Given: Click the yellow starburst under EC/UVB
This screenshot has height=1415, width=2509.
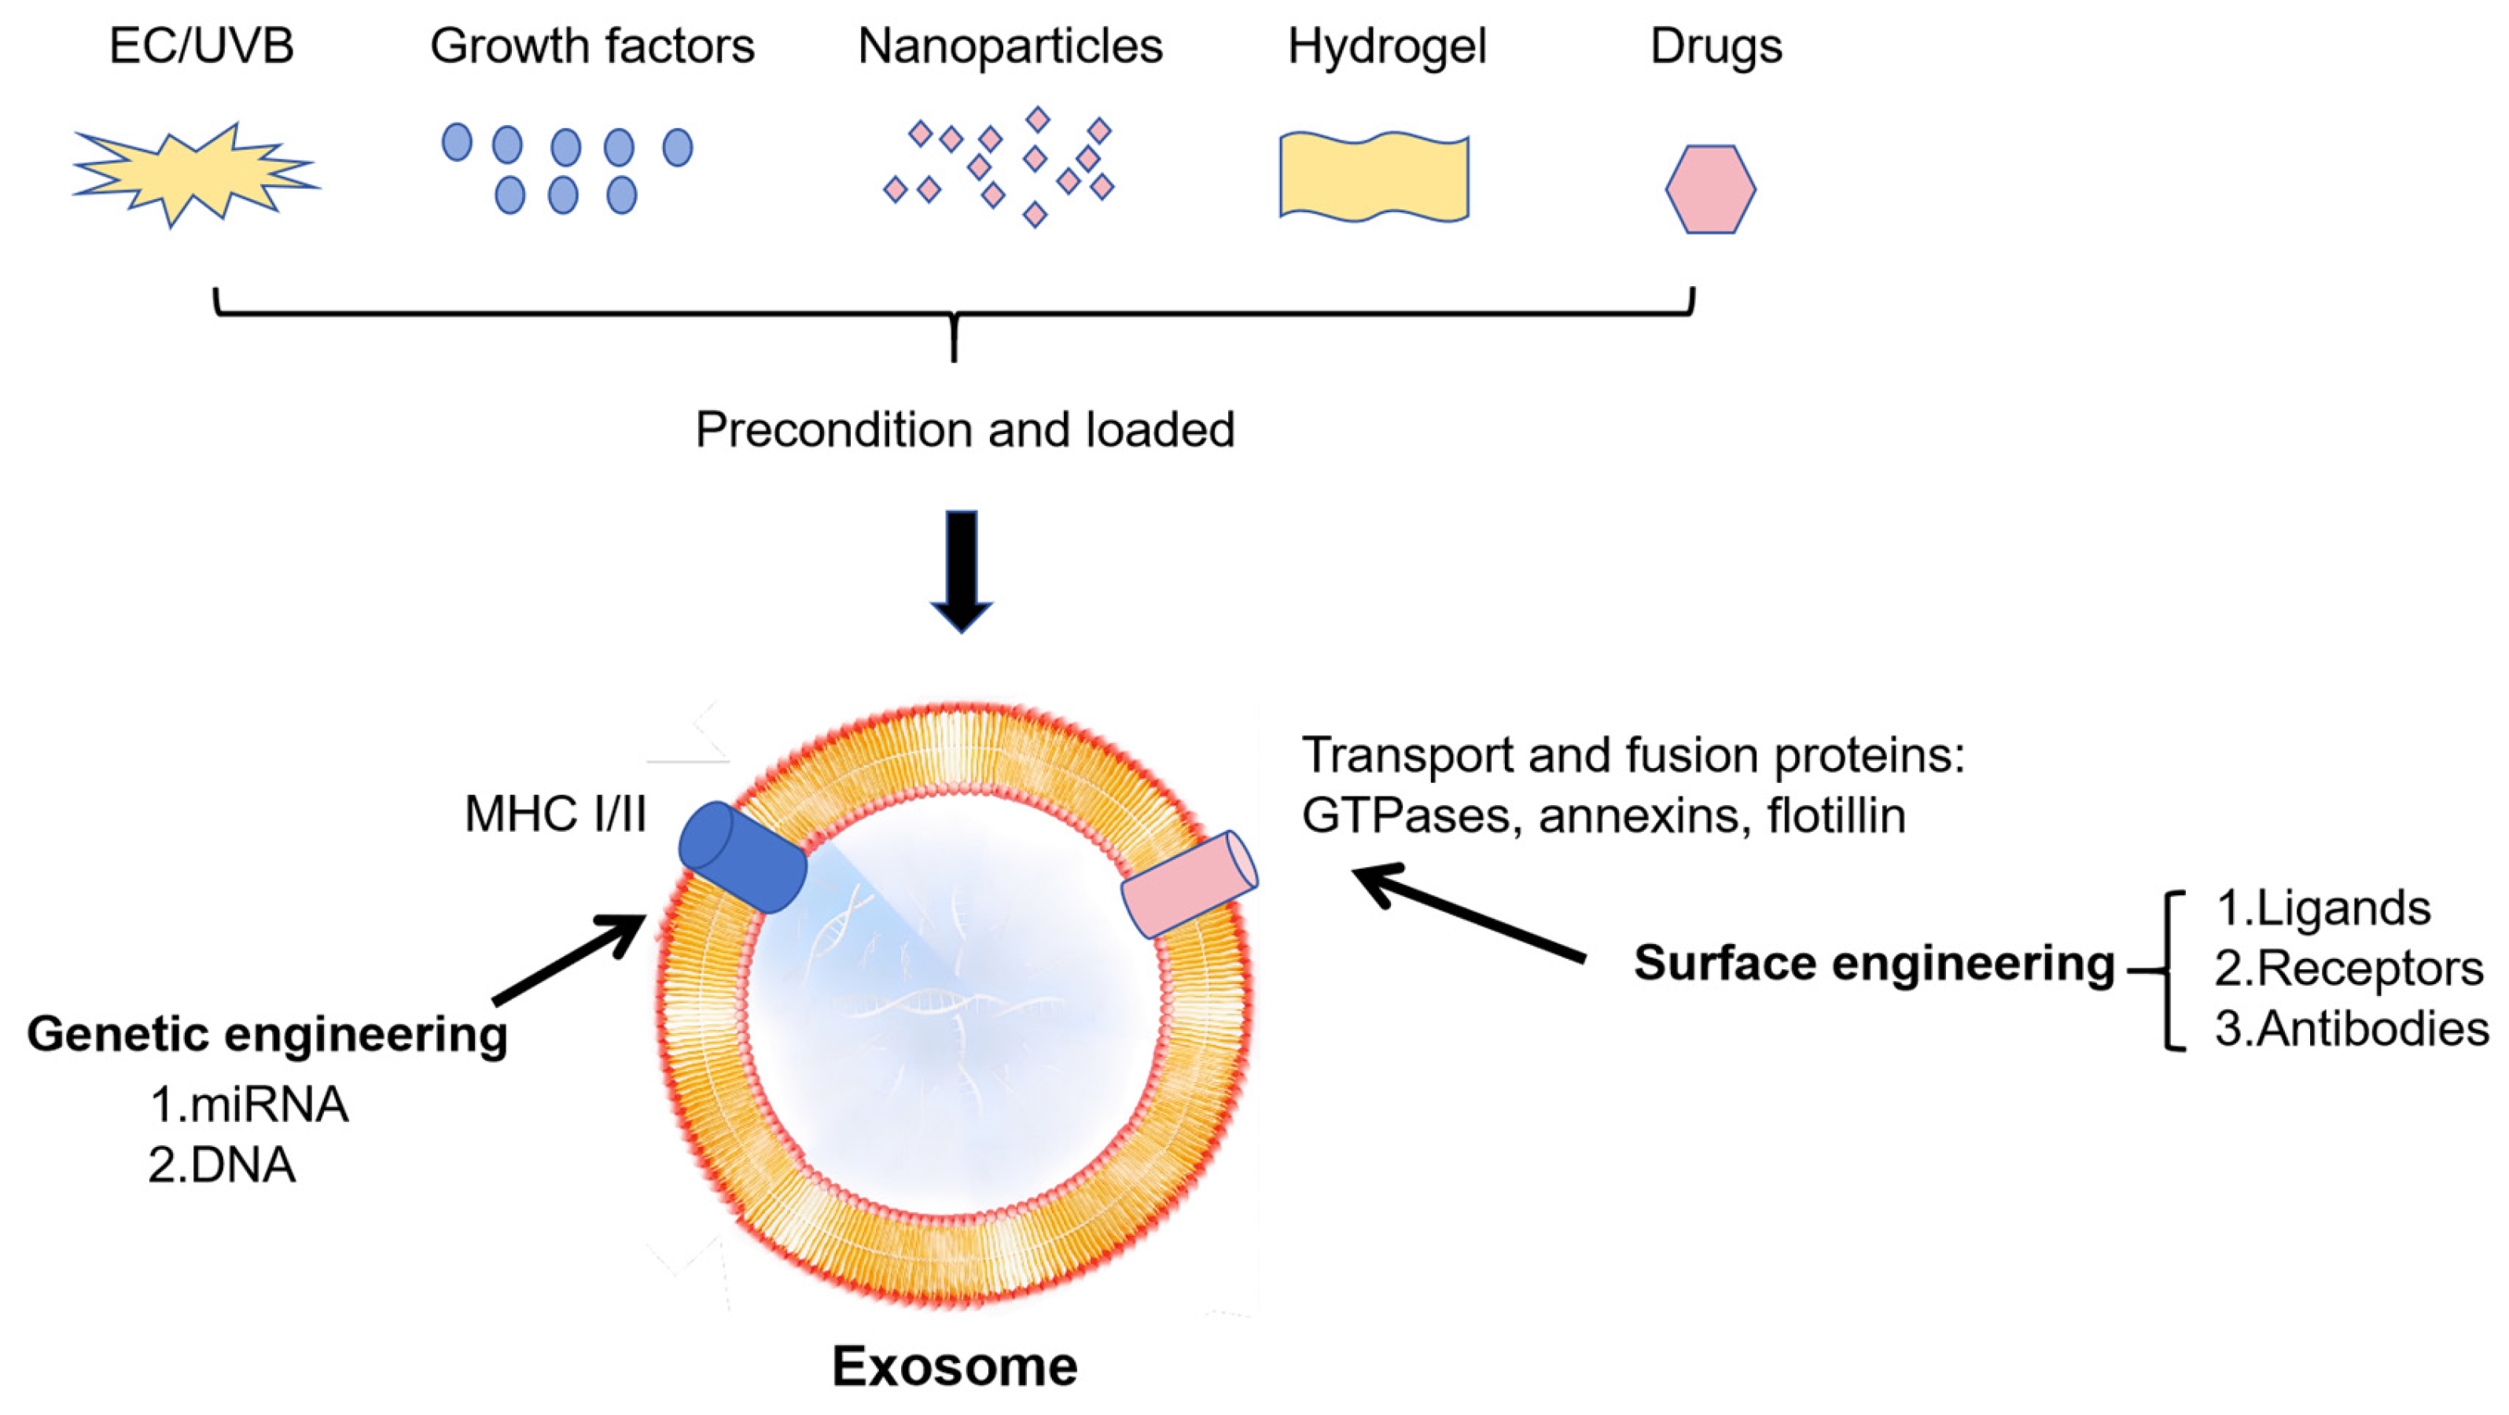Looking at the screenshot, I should tap(195, 175).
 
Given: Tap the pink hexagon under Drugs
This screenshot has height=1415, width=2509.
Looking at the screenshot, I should tap(1710, 189).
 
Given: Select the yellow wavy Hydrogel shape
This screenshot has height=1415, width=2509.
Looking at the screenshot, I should tap(1374, 176).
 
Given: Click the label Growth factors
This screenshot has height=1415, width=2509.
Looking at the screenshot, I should tap(592, 46).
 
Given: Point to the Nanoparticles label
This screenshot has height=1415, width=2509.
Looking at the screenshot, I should tap(1010, 46).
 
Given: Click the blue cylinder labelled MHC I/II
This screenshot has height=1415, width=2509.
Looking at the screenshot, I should tap(742, 857).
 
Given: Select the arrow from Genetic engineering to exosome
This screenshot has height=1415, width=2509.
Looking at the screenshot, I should tap(570, 959).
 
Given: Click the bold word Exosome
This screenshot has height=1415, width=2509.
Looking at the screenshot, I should tap(955, 1365).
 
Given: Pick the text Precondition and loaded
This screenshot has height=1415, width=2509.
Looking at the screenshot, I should tap(964, 429).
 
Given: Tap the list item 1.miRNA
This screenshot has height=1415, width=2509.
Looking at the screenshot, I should tap(249, 1104).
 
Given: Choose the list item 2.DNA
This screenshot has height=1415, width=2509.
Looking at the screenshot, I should tap(222, 1165).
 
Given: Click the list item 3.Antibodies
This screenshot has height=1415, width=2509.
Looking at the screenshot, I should tap(2351, 1029).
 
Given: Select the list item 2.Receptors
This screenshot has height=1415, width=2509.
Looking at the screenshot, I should tap(2349, 969).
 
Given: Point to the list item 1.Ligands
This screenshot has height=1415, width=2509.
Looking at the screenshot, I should tap(2323, 908).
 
